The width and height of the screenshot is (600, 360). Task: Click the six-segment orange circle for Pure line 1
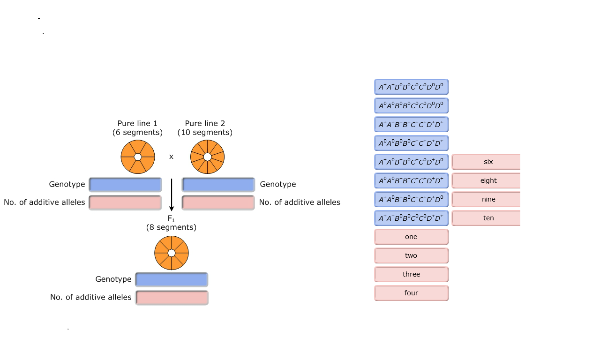pos(138,157)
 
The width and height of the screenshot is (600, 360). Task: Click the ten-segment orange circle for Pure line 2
pos(207,157)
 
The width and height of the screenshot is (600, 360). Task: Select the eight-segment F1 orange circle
pos(172,253)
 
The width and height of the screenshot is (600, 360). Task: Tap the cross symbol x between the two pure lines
pos(171,157)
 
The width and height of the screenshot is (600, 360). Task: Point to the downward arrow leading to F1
pos(172,195)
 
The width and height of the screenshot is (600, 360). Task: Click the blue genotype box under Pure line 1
pos(126,184)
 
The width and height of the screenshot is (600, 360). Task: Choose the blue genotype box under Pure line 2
pos(218,184)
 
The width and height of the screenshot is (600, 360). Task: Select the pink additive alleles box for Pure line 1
pos(126,202)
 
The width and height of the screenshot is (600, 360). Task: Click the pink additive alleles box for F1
pos(172,298)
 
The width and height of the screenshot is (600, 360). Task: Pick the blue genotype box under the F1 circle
pos(172,279)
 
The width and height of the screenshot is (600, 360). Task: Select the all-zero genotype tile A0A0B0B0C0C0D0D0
pos(411,105)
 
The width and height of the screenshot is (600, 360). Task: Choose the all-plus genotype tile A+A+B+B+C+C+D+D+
pos(411,124)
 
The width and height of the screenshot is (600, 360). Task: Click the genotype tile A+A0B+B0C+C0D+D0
pos(411,162)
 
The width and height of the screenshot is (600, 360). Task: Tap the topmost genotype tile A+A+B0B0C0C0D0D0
pos(411,87)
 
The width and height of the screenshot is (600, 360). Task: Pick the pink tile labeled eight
pos(488,180)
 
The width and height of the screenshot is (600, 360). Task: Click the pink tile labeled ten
pos(488,218)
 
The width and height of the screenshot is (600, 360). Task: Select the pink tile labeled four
pos(411,293)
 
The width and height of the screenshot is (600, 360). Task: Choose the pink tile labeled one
pos(411,237)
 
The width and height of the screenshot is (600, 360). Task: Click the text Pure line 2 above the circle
pos(205,124)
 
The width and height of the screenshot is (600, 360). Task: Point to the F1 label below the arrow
pos(171,218)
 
